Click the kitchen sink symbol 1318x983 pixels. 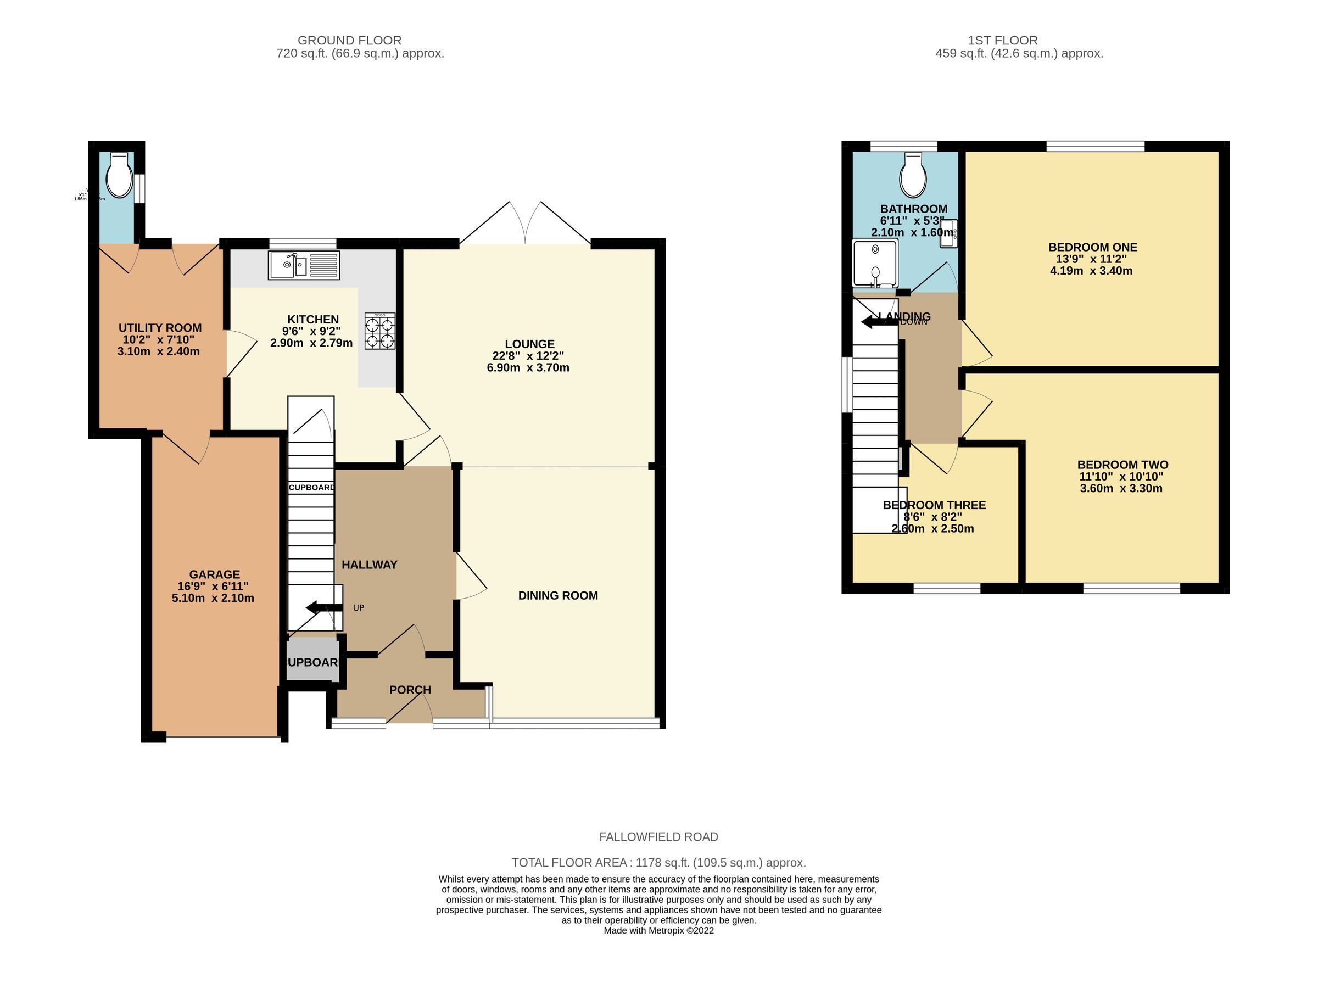[304, 265]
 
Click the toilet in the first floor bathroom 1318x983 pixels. [912, 176]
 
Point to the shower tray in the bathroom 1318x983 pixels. [874, 263]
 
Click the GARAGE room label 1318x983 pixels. [214, 574]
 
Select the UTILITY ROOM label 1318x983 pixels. [159, 328]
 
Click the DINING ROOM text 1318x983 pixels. [557, 596]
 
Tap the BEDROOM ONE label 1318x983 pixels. [1092, 247]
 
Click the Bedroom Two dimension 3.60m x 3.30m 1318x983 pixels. [1120, 489]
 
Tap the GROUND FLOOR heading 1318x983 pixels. [349, 41]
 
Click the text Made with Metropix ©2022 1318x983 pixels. [658, 931]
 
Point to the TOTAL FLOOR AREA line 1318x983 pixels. [658, 862]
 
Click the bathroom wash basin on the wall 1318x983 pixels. [948, 234]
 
